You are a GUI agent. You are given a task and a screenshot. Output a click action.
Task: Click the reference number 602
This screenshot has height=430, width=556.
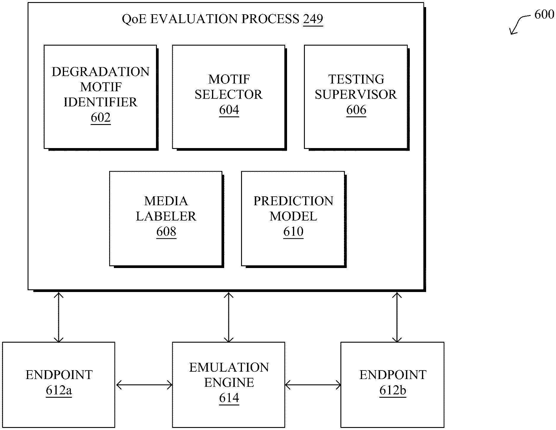(x=101, y=118)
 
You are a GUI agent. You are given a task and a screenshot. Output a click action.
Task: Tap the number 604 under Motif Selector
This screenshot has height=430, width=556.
(x=229, y=110)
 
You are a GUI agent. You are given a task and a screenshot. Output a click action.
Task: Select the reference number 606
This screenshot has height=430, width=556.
(x=356, y=110)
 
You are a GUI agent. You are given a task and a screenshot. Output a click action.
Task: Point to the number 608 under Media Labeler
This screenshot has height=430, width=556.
(x=166, y=231)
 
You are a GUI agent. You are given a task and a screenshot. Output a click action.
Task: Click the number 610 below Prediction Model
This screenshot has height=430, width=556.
(x=293, y=231)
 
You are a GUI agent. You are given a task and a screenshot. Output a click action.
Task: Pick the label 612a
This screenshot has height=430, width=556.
(x=59, y=390)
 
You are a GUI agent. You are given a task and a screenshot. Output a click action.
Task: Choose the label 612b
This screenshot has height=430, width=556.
(x=393, y=390)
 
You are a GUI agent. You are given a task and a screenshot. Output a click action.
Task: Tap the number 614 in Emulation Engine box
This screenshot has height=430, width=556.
(x=229, y=398)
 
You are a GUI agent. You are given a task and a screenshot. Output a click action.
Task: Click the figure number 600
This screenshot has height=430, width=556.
(x=544, y=14)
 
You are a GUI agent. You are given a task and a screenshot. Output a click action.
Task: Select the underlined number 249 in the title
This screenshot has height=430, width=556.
(x=313, y=19)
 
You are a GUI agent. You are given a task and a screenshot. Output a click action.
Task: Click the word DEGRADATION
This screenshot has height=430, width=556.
(x=101, y=72)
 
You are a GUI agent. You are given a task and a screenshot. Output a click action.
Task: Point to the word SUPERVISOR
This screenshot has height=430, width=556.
(x=356, y=94)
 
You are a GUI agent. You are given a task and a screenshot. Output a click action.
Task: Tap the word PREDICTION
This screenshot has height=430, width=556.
(x=293, y=201)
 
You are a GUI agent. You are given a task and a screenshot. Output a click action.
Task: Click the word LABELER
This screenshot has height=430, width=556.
(x=166, y=216)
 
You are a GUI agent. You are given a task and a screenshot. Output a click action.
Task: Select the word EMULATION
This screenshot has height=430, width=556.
(x=229, y=368)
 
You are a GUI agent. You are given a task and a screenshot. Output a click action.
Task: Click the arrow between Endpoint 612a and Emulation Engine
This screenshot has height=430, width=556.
(x=144, y=385)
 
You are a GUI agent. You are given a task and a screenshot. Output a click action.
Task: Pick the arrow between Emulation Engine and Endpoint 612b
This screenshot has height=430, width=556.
(x=313, y=385)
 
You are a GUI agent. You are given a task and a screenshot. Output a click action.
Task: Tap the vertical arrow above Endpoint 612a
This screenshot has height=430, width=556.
(x=59, y=317)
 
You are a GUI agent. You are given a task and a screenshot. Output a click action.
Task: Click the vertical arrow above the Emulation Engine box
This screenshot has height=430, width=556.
(x=229, y=317)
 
